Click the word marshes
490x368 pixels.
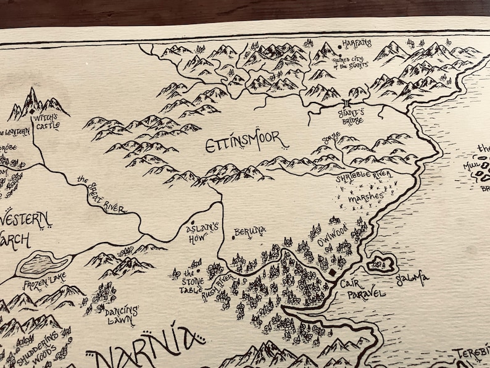(365, 199)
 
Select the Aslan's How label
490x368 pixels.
(202, 233)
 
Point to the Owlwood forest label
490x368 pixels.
(334, 235)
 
